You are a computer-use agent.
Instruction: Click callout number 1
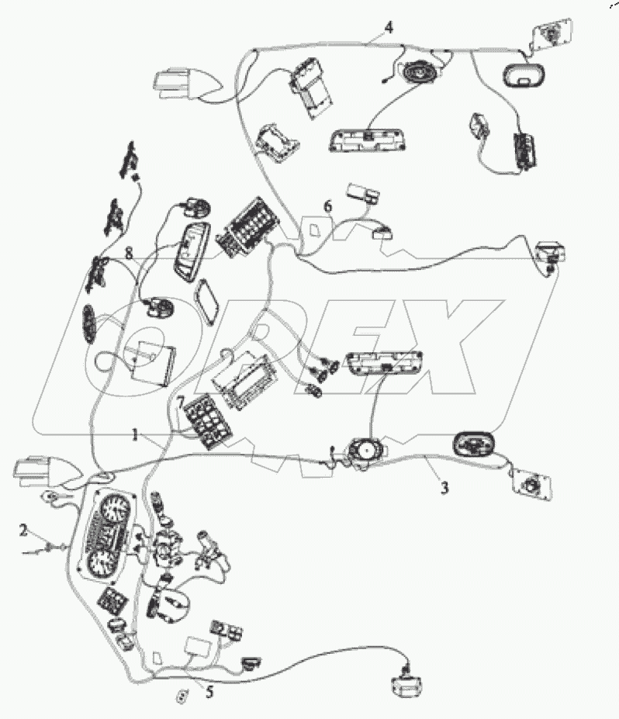pyautogui.click(x=136, y=435)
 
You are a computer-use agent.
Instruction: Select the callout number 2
pyautogui.click(x=24, y=531)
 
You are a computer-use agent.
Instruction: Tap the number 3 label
pyautogui.click(x=444, y=489)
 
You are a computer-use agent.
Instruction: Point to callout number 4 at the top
pyautogui.click(x=388, y=27)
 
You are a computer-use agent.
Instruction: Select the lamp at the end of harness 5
pyautogui.click(x=408, y=685)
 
